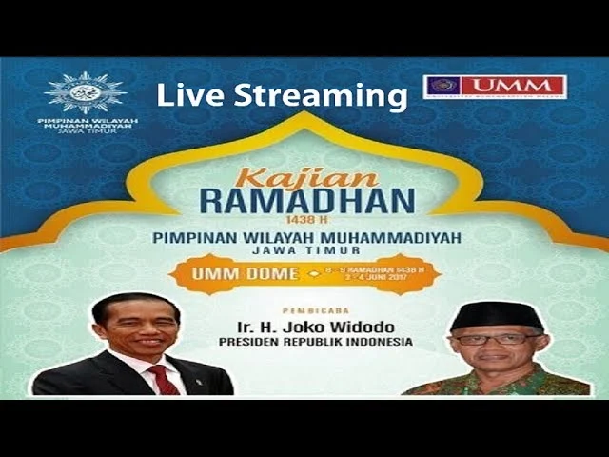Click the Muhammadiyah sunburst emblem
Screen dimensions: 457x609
85,92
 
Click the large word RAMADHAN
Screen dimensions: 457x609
307,201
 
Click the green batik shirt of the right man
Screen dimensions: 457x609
495,384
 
